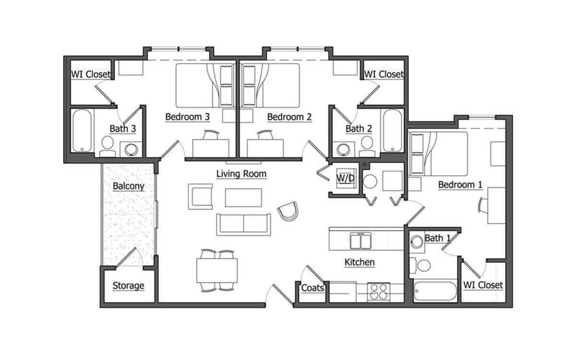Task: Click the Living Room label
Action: pyautogui.click(x=241, y=174)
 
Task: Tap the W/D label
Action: pyautogui.click(x=345, y=179)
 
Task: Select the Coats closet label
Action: pyautogui.click(x=312, y=288)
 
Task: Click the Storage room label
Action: pyautogui.click(x=128, y=286)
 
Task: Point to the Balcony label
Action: pyautogui.click(x=128, y=186)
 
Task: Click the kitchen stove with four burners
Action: pyautogui.click(x=380, y=292)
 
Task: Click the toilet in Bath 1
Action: pyautogui.click(x=423, y=264)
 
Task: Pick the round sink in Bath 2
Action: pyautogui.click(x=343, y=150)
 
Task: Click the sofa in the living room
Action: pyautogui.click(x=243, y=224)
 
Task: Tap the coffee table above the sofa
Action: pyautogui.click(x=243, y=197)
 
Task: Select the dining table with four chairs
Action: pyautogui.click(x=217, y=270)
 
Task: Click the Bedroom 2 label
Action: pyautogui.click(x=289, y=117)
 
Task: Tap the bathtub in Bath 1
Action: pyautogui.click(x=435, y=292)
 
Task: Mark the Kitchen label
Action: pyautogui.click(x=360, y=263)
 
